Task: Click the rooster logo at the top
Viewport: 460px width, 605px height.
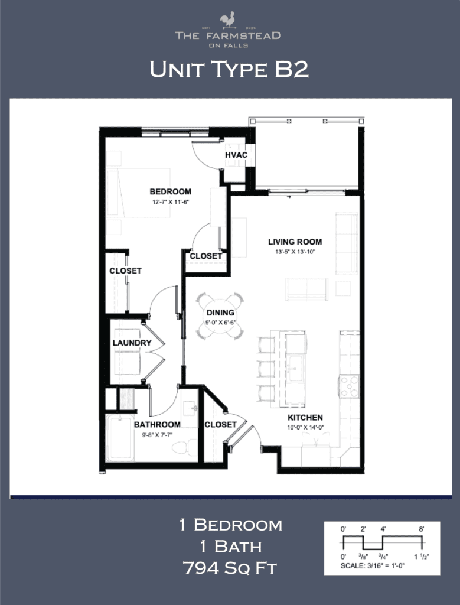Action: tap(228, 20)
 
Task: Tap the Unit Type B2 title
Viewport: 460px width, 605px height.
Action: tap(229, 69)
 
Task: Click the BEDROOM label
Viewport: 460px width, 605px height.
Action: tap(170, 191)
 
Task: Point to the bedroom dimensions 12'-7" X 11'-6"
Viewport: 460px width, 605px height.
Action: tap(170, 201)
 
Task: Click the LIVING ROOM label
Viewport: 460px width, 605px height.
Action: tap(295, 242)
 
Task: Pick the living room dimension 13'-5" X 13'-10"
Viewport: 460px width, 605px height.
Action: tap(295, 252)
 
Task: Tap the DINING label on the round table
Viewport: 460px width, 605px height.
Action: tap(220, 313)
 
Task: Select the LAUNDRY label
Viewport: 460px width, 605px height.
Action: tap(132, 343)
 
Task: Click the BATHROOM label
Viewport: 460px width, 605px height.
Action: tap(156, 424)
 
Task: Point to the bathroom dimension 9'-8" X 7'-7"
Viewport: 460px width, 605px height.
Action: tap(156, 434)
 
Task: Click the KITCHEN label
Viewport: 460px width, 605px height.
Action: tap(305, 418)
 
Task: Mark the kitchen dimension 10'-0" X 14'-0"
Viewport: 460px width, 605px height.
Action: tap(305, 428)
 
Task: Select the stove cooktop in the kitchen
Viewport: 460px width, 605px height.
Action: tap(348, 387)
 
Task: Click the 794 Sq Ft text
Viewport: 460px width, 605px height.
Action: tap(230, 568)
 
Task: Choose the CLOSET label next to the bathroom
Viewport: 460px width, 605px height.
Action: tap(220, 424)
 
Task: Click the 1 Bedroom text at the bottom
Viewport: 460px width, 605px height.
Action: tap(230, 525)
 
